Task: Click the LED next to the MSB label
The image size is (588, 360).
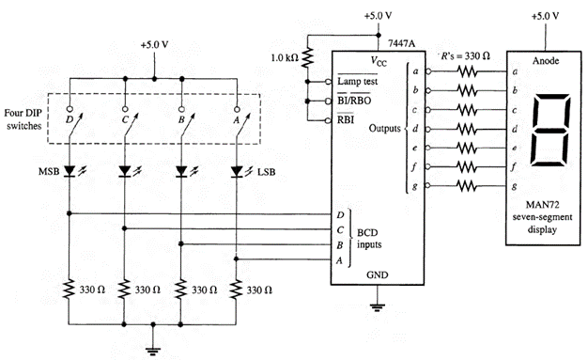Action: tap(70, 171)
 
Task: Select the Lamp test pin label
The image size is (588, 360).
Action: tap(350, 83)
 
